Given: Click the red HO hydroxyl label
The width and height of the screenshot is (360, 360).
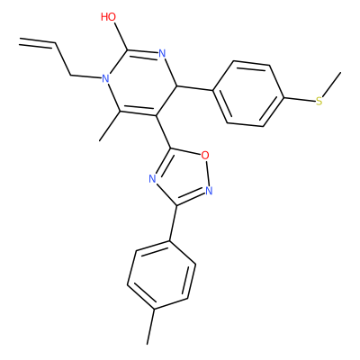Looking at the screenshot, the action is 108,17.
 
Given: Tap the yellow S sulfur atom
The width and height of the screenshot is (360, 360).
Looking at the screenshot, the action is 319,101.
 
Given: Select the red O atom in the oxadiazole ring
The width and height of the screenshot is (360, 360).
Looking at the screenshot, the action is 205,156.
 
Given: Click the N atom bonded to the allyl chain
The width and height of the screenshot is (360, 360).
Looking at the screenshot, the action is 104,79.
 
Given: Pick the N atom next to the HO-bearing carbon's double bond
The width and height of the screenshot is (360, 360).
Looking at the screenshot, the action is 162,54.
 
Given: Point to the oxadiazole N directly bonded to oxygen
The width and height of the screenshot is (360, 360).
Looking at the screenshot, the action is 209,191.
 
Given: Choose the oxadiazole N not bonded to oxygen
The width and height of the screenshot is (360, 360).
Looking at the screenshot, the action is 153,179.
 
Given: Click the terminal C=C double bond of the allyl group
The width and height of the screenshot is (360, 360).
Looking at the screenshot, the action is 37,42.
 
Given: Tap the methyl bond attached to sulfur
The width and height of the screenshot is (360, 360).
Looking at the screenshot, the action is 332,85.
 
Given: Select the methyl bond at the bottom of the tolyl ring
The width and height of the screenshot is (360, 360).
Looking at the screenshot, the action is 151,327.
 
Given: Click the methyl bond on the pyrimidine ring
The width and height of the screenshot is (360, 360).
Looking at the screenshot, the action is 110,126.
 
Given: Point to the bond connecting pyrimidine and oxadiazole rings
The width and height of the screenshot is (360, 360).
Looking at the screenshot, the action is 164,131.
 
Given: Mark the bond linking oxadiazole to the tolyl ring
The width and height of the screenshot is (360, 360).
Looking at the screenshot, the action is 173,223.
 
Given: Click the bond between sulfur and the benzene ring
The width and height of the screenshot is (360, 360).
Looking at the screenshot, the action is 299,99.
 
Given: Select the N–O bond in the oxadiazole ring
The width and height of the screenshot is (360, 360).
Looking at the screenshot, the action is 207,173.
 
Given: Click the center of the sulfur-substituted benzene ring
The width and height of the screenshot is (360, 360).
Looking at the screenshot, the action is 247,94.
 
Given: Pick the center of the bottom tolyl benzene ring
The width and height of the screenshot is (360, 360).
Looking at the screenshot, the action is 162,274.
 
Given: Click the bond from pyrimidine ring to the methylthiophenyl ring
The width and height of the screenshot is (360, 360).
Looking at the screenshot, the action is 195,87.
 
